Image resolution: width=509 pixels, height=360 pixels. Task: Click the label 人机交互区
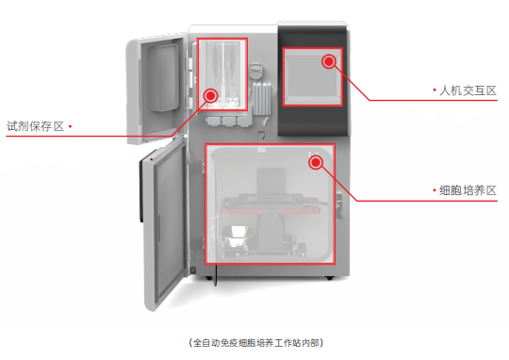pos(468,90)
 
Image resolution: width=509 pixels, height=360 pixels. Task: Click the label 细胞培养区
pos(468,190)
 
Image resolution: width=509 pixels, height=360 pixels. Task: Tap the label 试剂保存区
pos(35,125)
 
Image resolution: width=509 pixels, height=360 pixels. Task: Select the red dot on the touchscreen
pos(329,61)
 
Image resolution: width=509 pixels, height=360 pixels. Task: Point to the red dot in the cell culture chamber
pos(316,161)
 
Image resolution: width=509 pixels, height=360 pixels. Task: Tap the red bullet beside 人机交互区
pos(434,90)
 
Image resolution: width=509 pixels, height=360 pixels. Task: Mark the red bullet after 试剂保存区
pos(70,125)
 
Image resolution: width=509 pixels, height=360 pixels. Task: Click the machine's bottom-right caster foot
pos(329,278)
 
